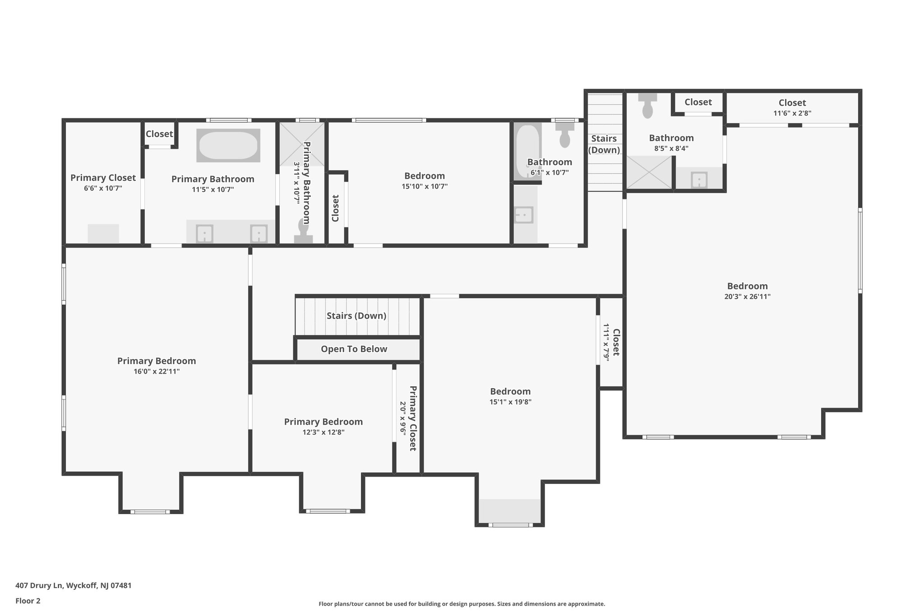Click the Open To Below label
coord(354,349)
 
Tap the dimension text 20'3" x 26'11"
coord(747,296)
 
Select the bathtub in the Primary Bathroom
coord(228,145)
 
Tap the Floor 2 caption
coord(28,601)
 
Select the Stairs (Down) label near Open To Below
coord(356,315)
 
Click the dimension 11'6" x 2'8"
coord(792,113)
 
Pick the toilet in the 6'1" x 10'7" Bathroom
coord(565,135)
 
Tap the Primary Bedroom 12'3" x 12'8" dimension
coord(323,432)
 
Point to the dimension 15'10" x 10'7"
coord(424,186)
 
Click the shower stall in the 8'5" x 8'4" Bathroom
coord(649,172)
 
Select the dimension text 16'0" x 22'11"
coord(157,371)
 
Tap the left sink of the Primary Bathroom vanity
coord(204,234)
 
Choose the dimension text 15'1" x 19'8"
coord(510,402)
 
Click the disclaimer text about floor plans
coord(462,604)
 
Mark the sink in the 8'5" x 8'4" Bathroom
coord(699,180)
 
